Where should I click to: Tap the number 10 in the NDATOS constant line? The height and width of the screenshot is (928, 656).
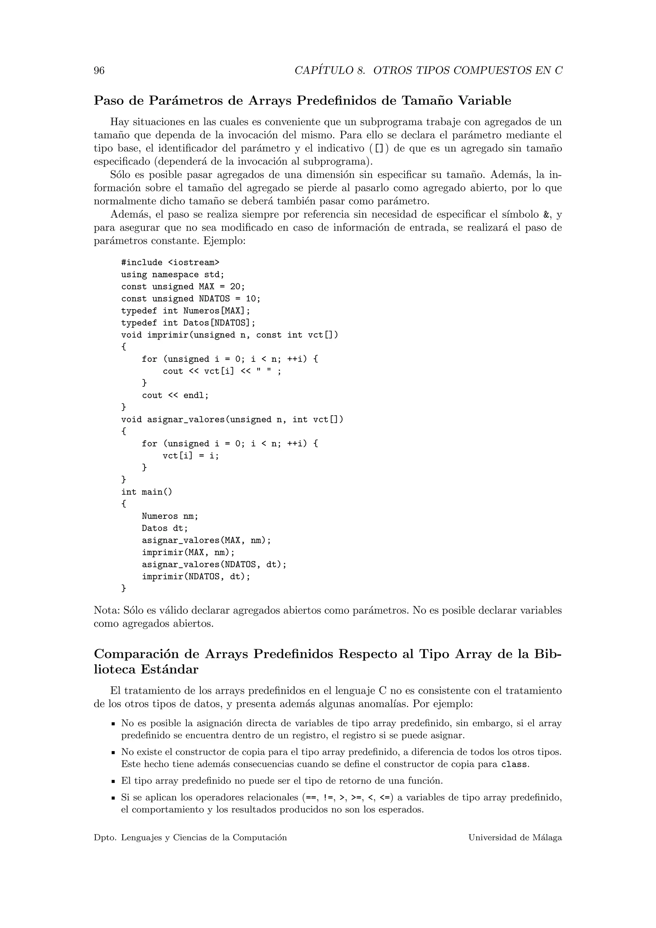point(250,299)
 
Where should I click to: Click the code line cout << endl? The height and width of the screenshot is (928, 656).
point(175,396)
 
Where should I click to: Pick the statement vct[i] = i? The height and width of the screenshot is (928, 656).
point(191,456)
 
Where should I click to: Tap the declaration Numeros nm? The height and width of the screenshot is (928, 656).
point(170,517)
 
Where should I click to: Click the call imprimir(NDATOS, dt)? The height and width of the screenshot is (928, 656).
point(196,577)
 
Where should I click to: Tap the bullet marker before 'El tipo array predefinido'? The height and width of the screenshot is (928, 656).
point(114,782)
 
